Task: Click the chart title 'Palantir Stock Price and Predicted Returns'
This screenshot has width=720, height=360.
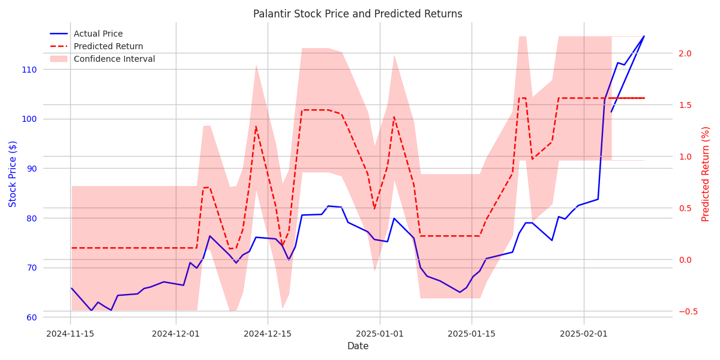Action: [358, 14]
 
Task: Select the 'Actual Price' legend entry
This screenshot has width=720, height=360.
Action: [98, 34]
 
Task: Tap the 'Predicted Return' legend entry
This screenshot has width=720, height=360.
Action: [108, 46]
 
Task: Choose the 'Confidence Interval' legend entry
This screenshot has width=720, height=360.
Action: [114, 59]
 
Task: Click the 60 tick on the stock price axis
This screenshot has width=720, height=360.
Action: [31, 317]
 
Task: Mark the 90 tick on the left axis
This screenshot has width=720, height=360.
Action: [31, 169]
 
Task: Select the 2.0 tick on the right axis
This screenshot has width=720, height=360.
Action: [685, 53]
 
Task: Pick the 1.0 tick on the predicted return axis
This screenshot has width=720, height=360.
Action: [685, 157]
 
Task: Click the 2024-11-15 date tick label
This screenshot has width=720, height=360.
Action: [71, 334]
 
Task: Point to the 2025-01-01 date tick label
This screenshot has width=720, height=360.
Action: [379, 334]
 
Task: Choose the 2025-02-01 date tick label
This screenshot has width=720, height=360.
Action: [584, 334]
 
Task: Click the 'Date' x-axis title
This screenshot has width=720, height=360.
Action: [358, 346]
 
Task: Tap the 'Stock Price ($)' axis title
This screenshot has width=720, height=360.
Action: [13, 174]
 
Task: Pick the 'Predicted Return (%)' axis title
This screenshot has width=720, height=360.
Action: [706, 174]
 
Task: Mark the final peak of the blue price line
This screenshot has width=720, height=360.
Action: [644, 36]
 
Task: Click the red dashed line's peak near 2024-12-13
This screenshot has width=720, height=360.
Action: [256, 126]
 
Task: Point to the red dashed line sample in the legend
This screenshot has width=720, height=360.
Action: [58, 46]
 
